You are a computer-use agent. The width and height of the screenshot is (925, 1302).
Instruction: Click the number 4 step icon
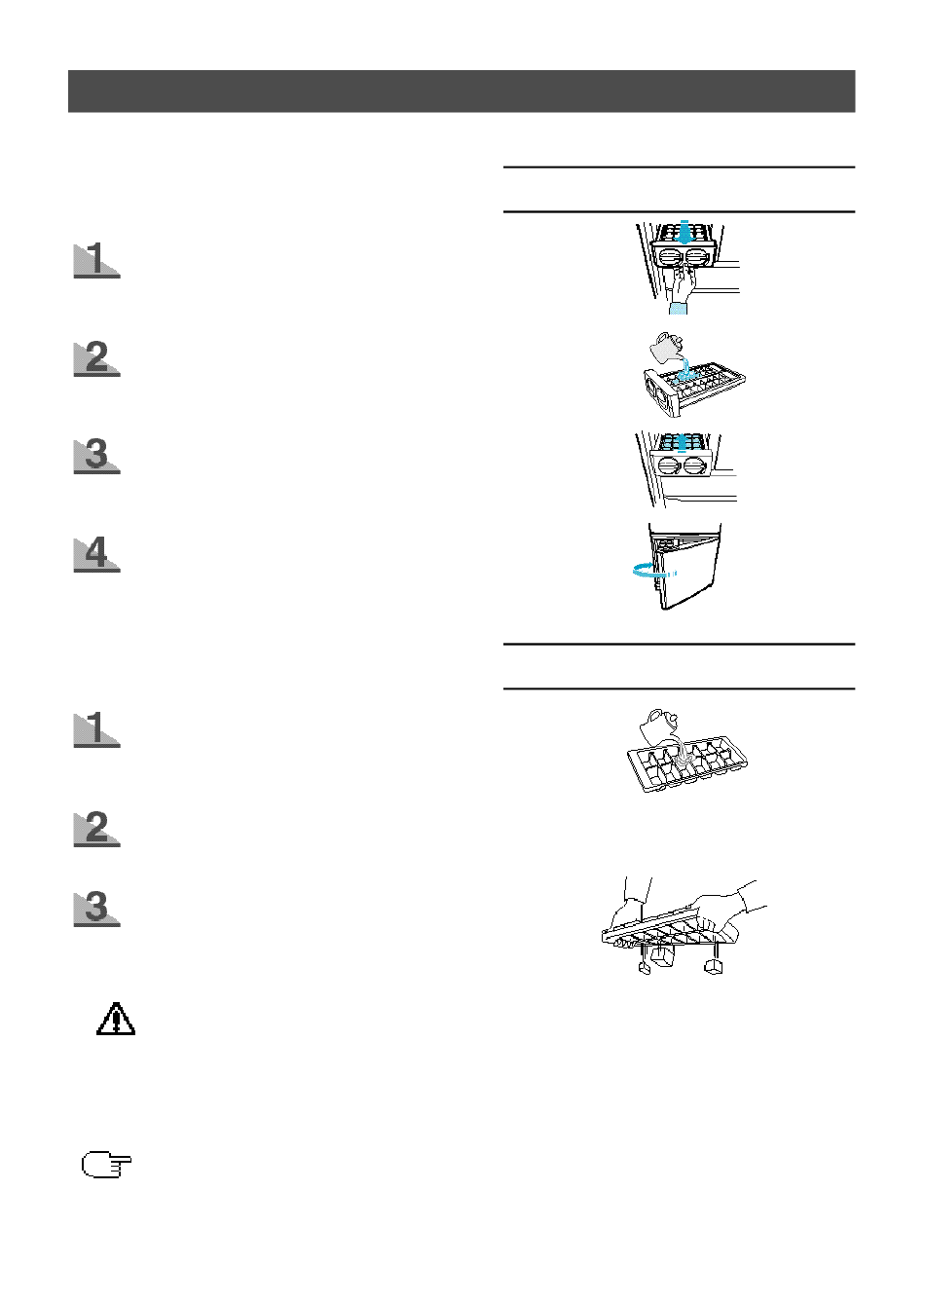click(x=96, y=554)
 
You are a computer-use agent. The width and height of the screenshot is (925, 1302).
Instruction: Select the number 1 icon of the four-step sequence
click(x=96, y=260)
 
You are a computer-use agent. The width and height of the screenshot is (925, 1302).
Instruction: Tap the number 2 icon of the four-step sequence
click(x=96, y=358)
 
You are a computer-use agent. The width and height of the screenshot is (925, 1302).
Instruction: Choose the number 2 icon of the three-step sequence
click(x=96, y=829)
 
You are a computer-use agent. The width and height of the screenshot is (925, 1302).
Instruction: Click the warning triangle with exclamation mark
click(x=116, y=1020)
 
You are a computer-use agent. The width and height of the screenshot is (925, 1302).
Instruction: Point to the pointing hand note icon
click(x=106, y=1165)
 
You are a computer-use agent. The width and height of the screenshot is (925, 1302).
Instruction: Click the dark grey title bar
click(x=462, y=92)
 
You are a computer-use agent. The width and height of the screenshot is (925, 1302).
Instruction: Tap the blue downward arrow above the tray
click(x=685, y=232)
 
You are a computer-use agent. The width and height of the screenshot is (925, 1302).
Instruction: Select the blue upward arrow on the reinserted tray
click(x=683, y=443)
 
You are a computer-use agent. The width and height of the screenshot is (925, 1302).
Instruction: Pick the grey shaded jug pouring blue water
click(x=667, y=348)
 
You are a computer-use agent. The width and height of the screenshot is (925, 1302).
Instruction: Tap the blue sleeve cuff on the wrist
click(x=678, y=308)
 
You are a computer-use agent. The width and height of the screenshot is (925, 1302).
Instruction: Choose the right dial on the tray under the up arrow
click(x=695, y=466)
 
